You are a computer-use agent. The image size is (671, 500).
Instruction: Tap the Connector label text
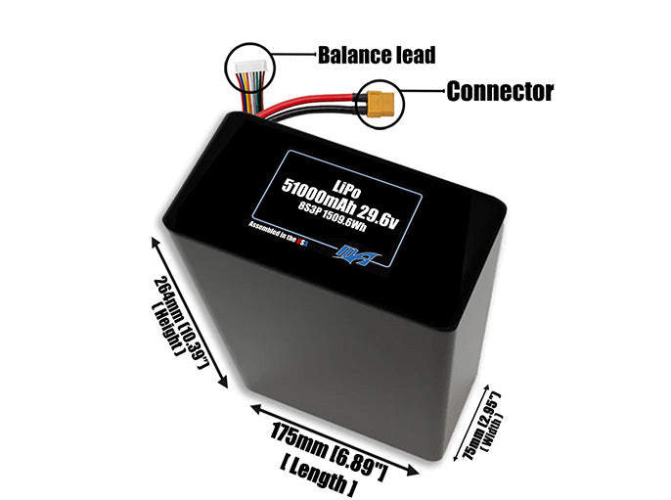click(x=500, y=92)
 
